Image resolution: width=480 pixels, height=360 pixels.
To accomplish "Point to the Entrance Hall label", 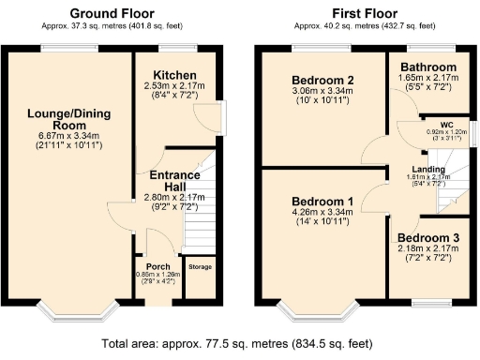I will click(169, 181).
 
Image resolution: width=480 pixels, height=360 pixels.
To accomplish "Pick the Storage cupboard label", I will click(201, 267).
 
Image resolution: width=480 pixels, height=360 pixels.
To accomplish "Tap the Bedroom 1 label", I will click(323, 202).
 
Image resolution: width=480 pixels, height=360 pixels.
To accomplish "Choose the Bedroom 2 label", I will click(322, 80).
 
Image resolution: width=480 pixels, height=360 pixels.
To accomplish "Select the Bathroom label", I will click(428, 67).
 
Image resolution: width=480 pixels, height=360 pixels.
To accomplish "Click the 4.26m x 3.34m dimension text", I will click(323, 215).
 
